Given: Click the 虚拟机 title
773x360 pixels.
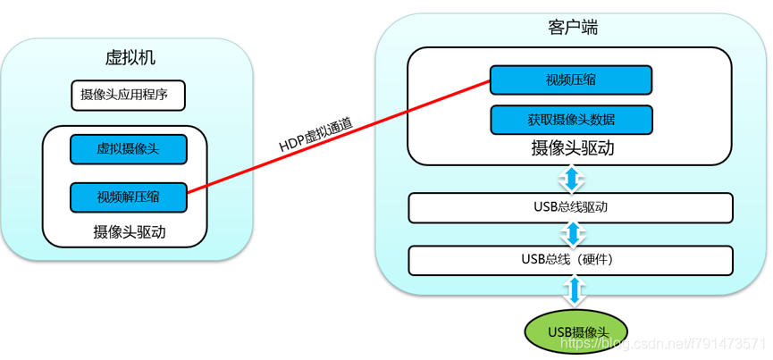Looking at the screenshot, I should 130,58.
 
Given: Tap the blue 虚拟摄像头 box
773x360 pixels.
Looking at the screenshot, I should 129,148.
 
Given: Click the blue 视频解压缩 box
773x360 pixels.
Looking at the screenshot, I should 129,197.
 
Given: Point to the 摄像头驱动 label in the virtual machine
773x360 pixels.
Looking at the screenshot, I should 130,231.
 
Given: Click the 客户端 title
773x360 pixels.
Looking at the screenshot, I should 572,28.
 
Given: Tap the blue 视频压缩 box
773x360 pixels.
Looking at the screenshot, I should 571,80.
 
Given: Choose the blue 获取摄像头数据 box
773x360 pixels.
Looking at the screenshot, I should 571,119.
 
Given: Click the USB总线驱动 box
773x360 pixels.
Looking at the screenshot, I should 570,207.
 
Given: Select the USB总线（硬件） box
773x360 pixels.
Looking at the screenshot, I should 570,260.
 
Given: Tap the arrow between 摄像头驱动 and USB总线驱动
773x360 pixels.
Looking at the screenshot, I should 571,179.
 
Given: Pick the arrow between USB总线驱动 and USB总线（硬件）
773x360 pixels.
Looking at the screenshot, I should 571,234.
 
